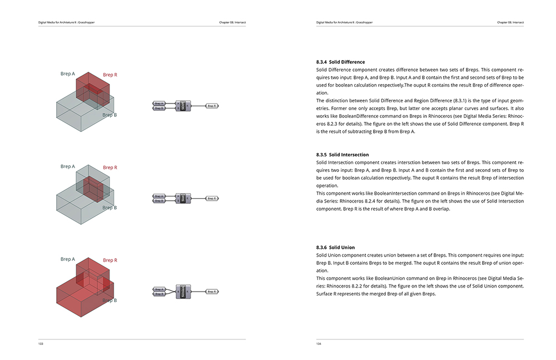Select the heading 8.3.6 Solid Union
tap(335, 247)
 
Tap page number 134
tap(319, 344)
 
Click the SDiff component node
tap(183, 106)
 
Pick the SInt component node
tap(183, 198)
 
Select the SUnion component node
tap(183, 291)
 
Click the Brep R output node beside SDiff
tap(212, 105)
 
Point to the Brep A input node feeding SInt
tap(158, 196)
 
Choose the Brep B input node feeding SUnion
tap(158, 293)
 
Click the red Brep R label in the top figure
tap(110, 75)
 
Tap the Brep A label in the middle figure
tap(67, 166)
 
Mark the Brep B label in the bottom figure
tap(110, 300)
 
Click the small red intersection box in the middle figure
tap(92, 190)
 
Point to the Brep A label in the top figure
tap(67, 73)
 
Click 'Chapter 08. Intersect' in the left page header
tap(232, 23)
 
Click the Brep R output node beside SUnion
tap(212, 291)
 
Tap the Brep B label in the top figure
tap(110, 115)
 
